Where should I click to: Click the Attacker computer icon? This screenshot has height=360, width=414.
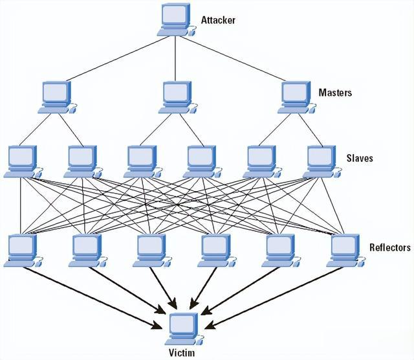177,20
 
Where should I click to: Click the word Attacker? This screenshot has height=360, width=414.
218,20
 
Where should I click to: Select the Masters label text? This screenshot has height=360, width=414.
335,93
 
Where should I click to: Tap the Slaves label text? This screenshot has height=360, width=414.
360,158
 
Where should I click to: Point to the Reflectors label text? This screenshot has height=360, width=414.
390,247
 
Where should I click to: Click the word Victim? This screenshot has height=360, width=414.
182,353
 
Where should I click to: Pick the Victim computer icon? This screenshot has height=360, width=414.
184,329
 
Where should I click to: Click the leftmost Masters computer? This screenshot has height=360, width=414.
58,98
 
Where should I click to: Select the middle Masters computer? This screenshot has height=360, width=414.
178,98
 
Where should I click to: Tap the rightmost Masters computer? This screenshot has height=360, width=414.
297,98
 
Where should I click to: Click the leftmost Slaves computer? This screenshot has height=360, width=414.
23,161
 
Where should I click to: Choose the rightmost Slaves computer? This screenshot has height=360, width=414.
322,161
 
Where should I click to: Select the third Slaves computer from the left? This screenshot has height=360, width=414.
143,161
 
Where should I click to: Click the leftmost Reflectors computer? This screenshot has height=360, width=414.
23,251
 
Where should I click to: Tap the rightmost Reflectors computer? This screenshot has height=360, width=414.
346,251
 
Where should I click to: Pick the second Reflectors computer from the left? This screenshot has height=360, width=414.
88,251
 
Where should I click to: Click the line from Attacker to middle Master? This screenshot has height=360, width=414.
175,58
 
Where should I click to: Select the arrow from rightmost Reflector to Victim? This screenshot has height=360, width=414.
274,298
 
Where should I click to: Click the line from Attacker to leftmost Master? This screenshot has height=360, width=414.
117,59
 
